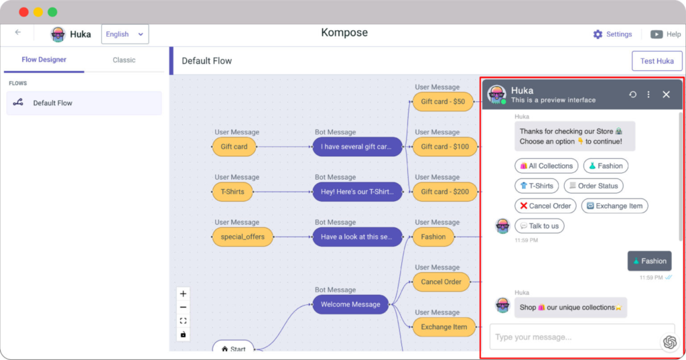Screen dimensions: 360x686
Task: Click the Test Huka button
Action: click(x=657, y=61)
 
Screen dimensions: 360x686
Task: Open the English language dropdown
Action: click(x=125, y=34)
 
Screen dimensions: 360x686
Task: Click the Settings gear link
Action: click(x=612, y=34)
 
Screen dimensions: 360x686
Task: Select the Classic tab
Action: click(x=124, y=60)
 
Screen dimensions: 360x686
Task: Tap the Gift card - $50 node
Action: click(x=442, y=102)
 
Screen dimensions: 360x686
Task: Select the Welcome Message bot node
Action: click(x=350, y=304)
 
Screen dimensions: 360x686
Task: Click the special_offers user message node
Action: click(x=243, y=237)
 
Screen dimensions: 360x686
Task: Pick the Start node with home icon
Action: click(x=233, y=349)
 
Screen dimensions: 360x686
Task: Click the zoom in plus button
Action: click(x=184, y=294)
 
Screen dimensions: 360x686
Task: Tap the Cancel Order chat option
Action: click(x=545, y=206)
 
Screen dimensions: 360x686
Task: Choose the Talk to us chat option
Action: click(x=539, y=226)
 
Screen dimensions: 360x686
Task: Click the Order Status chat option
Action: click(x=593, y=186)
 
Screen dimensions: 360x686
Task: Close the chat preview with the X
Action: click(x=666, y=95)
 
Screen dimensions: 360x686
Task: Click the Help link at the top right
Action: click(x=666, y=34)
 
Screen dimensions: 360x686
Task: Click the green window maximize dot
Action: click(x=52, y=12)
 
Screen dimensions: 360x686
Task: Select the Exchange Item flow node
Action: click(x=442, y=327)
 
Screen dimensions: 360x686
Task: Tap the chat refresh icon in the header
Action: click(x=632, y=95)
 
